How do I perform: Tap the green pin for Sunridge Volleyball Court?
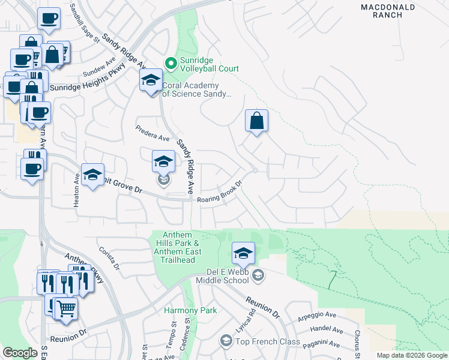click(170, 62)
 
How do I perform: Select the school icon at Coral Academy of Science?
click(151, 80)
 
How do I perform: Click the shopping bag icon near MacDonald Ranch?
click(256, 120)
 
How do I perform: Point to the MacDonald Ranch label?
click(388, 11)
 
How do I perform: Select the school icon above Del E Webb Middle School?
click(243, 254)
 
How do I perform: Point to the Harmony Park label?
click(190, 310)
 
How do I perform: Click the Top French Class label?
click(267, 341)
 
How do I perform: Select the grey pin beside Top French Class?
click(226, 341)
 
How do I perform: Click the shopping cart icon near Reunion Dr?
click(66, 308)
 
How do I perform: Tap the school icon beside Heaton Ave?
click(92, 175)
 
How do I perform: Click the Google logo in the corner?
click(20, 353)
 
